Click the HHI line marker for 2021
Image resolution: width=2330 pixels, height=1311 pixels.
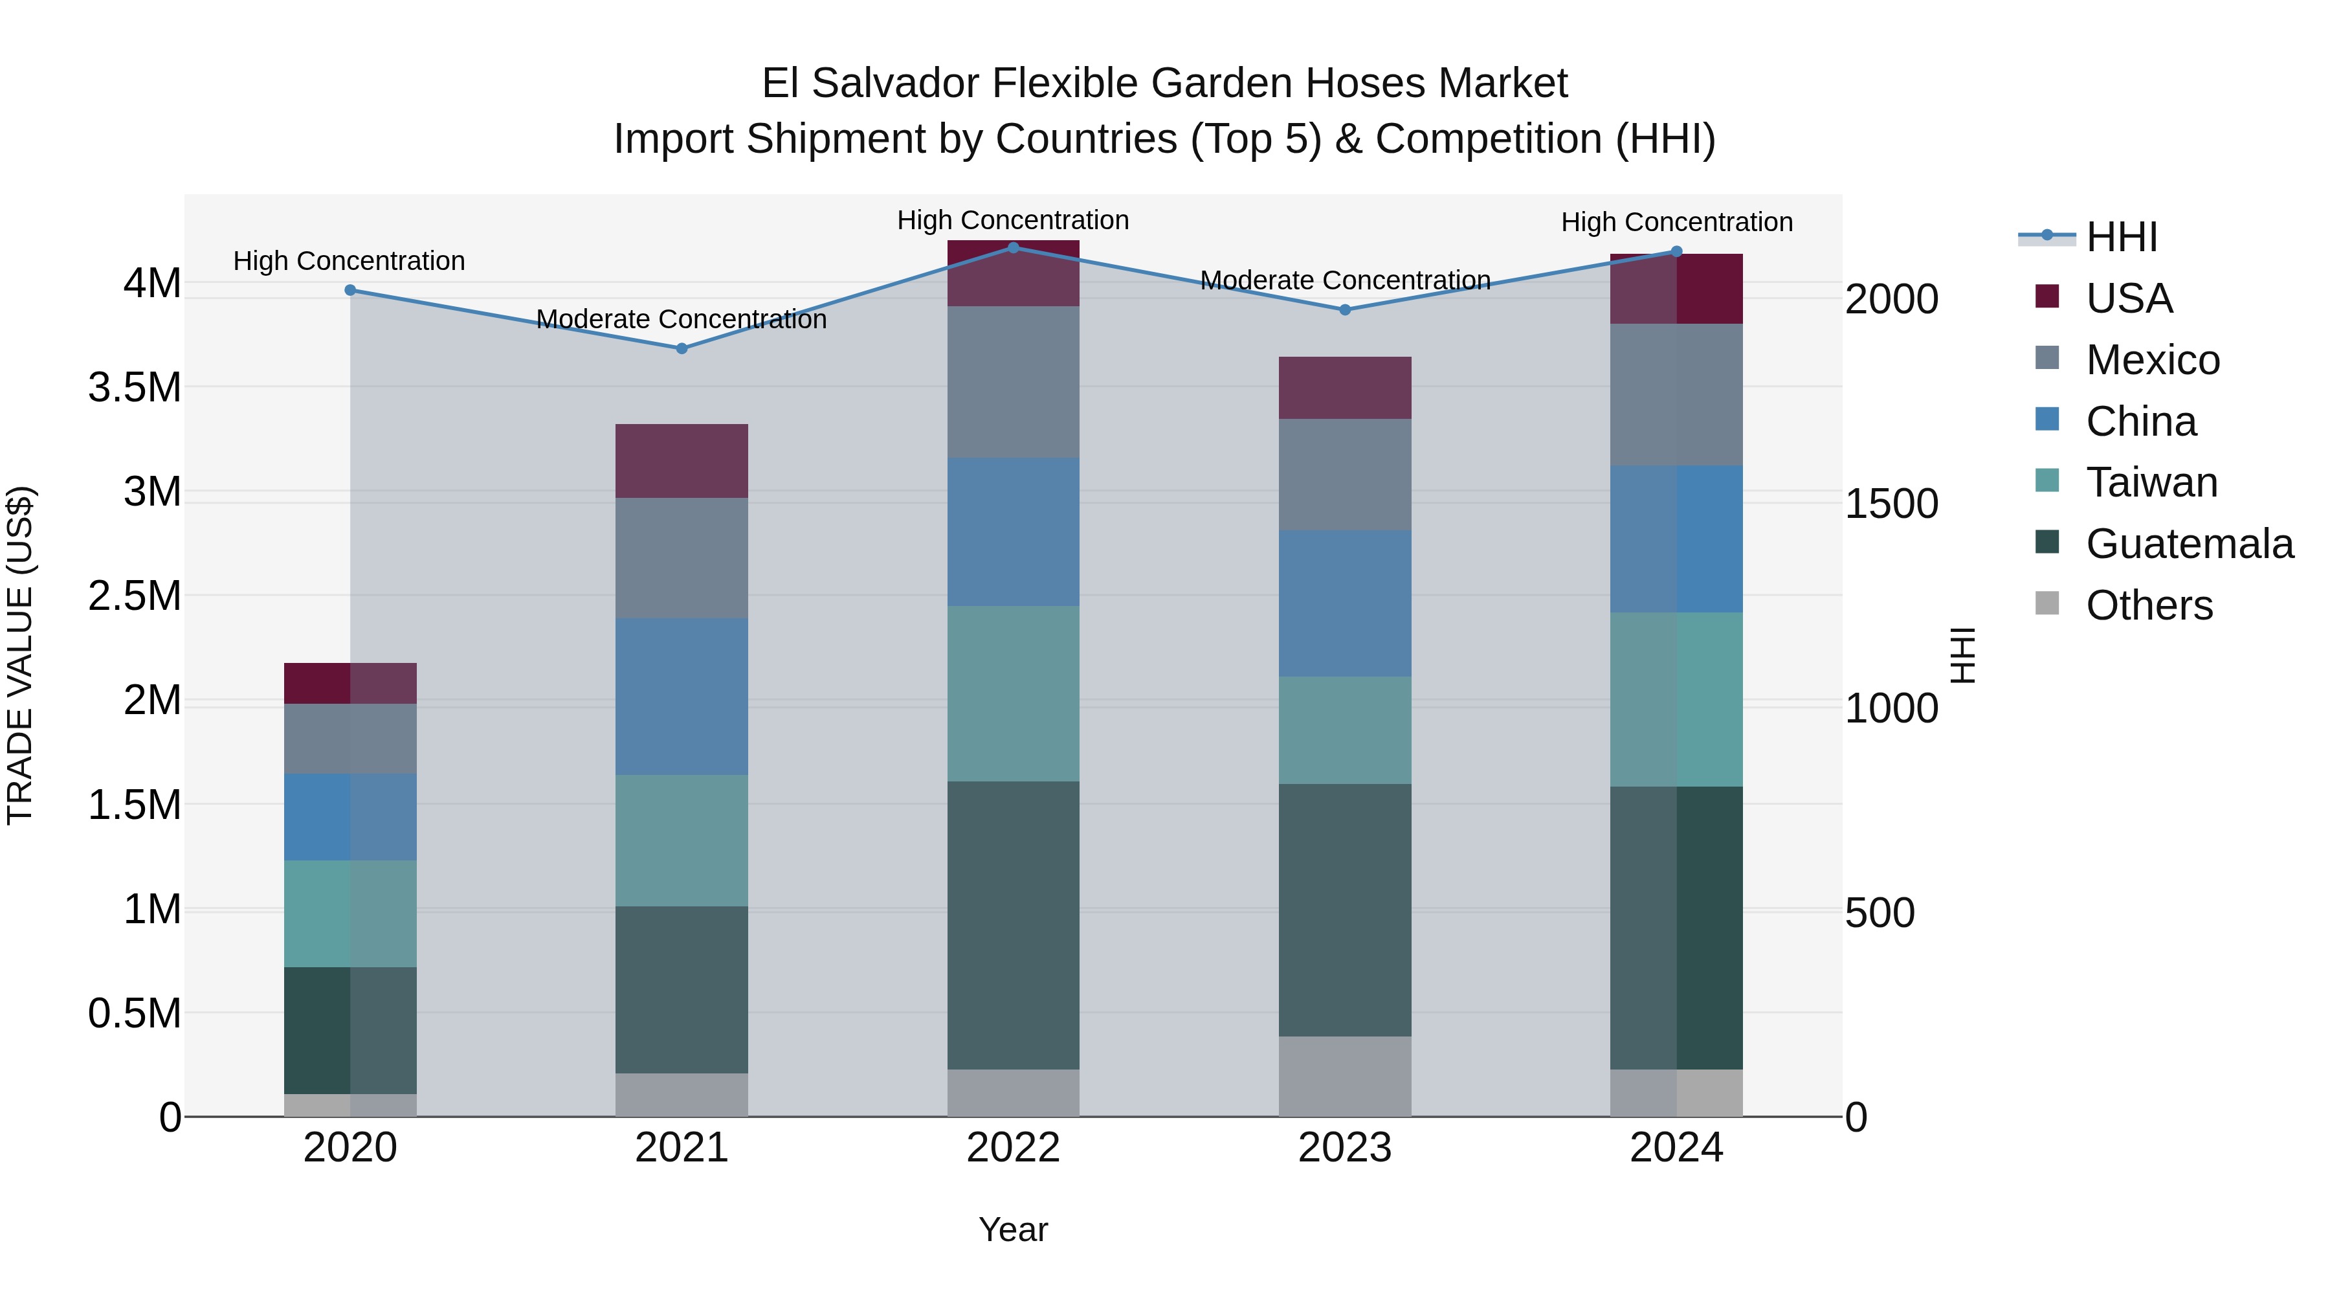682,348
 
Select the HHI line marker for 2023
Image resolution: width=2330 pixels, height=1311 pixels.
1345,309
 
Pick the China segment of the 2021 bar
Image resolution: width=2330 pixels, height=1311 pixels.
682,696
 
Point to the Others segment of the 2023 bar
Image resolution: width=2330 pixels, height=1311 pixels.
1345,1076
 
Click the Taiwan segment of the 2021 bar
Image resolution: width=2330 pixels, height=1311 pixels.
682,840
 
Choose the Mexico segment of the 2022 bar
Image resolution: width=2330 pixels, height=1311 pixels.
1013,382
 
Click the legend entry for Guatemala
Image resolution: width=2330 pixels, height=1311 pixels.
2189,544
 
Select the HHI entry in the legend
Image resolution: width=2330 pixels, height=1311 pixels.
2121,237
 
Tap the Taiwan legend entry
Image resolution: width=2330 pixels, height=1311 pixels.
2151,482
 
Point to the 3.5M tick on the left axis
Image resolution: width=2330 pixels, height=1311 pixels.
134,387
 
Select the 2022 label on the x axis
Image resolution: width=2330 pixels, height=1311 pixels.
1013,1148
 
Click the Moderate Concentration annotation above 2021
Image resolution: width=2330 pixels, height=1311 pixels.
682,319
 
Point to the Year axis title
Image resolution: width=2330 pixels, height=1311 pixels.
1013,1229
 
